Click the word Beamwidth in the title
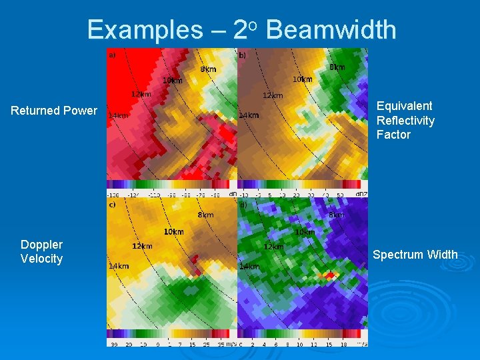[x=331, y=30]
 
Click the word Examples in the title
[x=144, y=30]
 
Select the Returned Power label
[x=54, y=111]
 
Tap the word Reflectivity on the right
[x=405, y=121]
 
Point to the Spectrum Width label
[x=415, y=255]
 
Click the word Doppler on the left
[x=41, y=245]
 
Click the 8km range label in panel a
[x=209, y=69]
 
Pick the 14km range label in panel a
[x=118, y=115]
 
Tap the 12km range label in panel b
[x=272, y=95]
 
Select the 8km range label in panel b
[x=337, y=67]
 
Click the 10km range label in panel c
[x=173, y=232]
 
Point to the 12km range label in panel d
[x=273, y=247]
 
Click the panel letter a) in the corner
[x=112, y=55]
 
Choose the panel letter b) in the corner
[x=243, y=55]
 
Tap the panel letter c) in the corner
[x=112, y=205]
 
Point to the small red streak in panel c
[x=199, y=271]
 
